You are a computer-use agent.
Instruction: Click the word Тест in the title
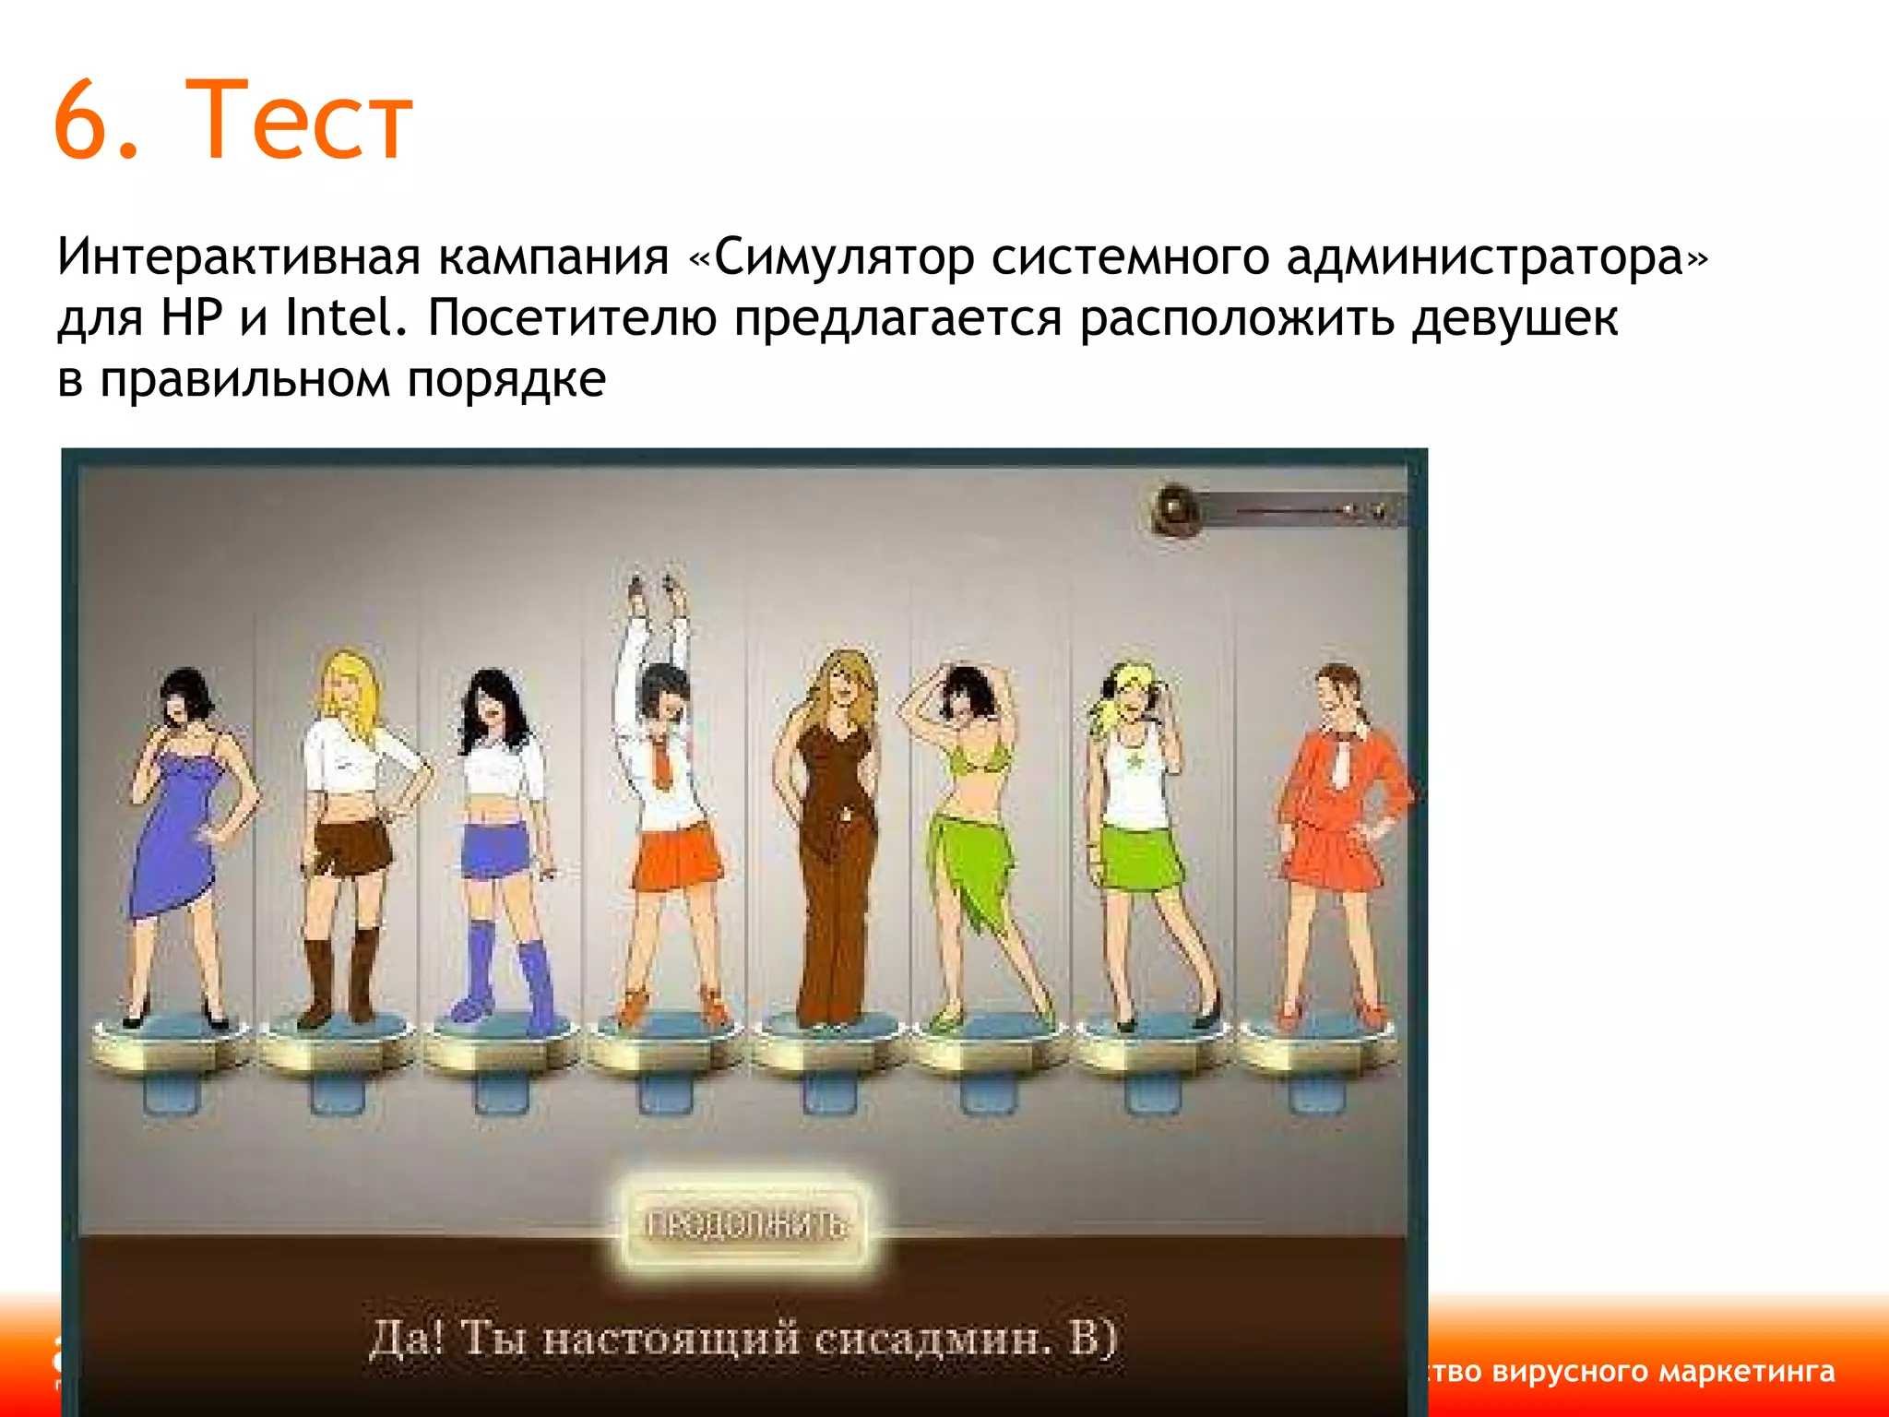(x=300, y=120)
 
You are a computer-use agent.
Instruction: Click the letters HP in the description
(x=192, y=318)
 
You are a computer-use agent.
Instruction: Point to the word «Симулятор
(x=830, y=256)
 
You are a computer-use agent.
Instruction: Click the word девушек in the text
(x=1515, y=318)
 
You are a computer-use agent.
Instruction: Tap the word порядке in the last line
(x=506, y=380)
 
